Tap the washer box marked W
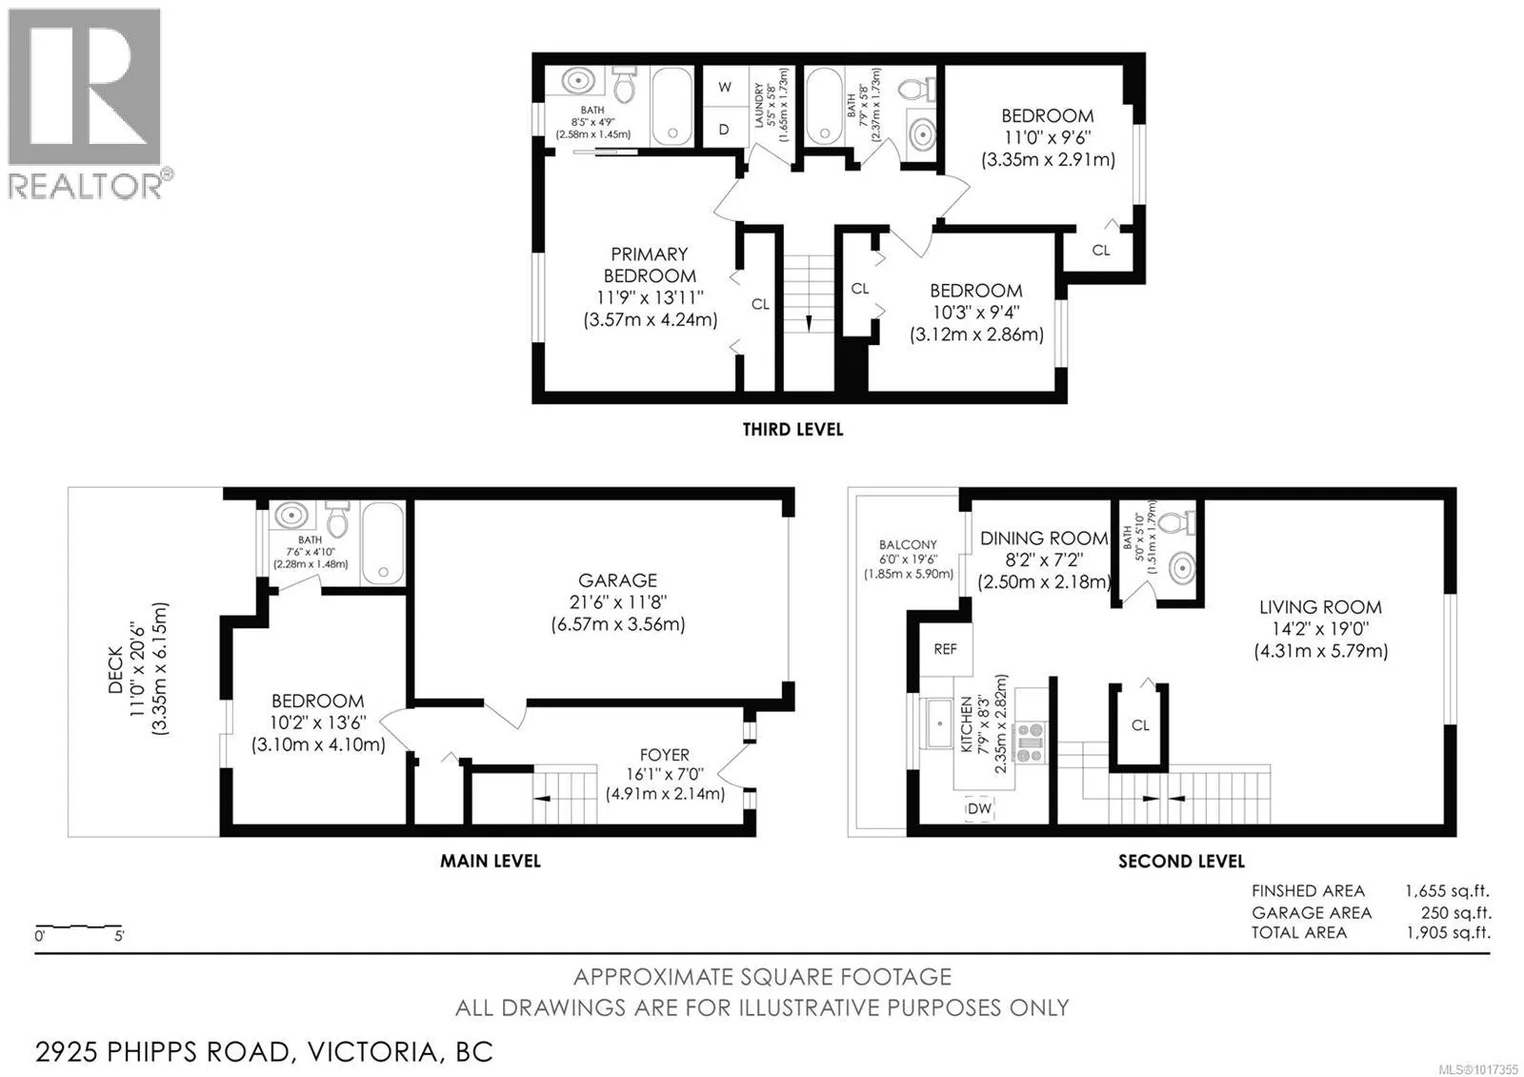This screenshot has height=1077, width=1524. coord(725,87)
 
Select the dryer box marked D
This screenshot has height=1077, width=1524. coord(725,128)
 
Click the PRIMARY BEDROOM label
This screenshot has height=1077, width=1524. coord(650,265)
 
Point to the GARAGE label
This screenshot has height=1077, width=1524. coord(618,580)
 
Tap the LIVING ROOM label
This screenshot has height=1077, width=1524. coord(1320,606)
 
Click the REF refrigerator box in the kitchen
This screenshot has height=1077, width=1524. coord(946,649)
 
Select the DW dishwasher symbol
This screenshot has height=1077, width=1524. coord(980,808)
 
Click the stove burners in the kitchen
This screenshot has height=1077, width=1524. coord(1030,742)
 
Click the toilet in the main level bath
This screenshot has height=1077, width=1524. coord(337,519)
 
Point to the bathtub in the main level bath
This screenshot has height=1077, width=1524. coord(383,543)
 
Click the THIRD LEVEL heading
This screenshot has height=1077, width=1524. coord(792,430)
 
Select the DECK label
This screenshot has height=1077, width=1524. coord(115,670)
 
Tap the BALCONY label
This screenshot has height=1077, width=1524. coord(908,544)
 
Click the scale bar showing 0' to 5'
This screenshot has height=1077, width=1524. coord(79,927)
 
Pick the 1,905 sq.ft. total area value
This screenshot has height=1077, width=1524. coord(1449,933)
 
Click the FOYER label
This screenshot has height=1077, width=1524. coord(665,755)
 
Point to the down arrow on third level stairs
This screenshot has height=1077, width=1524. coord(809,323)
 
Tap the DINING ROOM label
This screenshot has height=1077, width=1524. coord(1044,538)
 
